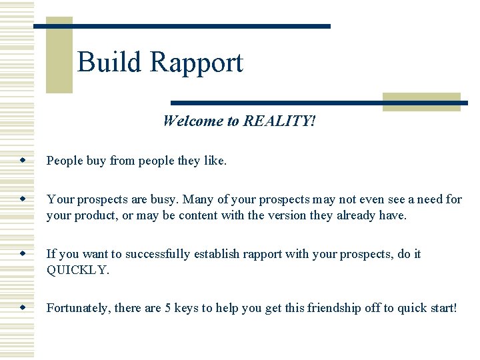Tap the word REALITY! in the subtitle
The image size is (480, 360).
(279, 121)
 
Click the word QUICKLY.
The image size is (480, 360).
(77, 270)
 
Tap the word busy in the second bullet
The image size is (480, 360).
(165, 199)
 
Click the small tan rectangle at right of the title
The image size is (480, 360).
(422, 101)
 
